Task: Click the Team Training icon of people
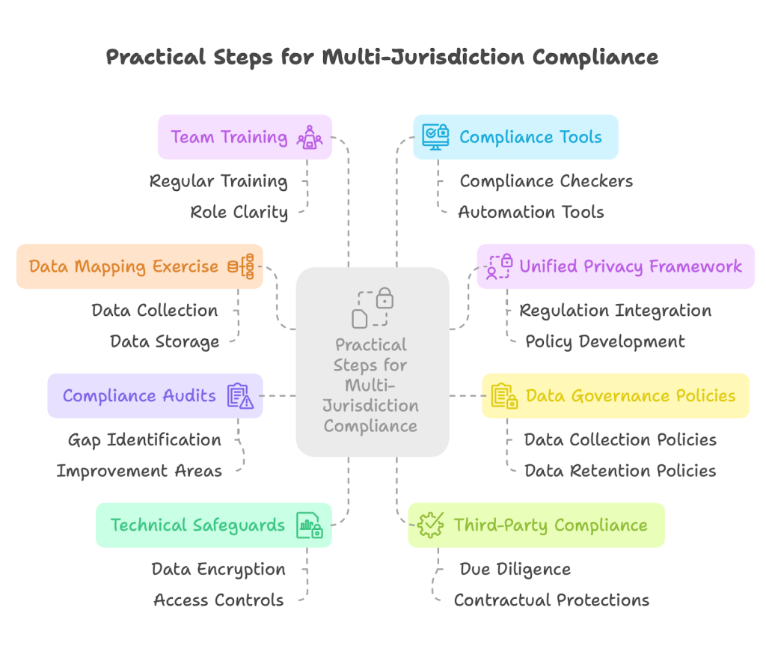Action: pos(309,138)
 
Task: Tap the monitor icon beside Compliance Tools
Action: pos(435,136)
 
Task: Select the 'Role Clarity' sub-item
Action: pos(239,212)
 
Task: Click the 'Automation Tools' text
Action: pos(530,212)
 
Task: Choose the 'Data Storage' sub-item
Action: pos(165,341)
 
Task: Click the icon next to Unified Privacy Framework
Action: pos(499,266)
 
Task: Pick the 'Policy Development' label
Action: pos(604,341)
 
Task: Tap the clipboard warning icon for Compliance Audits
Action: pos(240,396)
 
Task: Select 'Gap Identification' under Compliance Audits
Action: pos(144,439)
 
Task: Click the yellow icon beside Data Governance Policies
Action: pos(504,396)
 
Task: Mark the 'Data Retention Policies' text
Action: pos(620,471)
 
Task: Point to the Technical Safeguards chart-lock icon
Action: pos(309,525)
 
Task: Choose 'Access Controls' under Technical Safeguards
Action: pos(218,600)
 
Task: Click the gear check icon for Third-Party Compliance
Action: pos(431,525)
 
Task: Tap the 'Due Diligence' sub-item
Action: pos(515,569)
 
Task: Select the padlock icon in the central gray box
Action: pos(384,299)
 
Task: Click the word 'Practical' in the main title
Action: pos(153,57)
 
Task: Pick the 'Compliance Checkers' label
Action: pos(546,181)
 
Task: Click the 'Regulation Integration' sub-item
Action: pos(615,310)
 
